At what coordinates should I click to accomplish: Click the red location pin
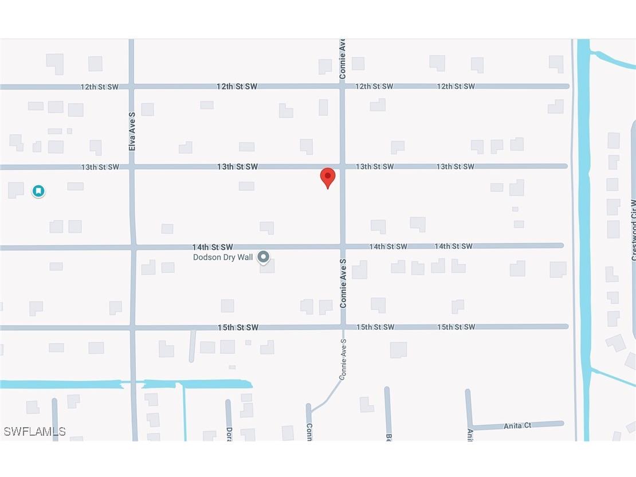coord(327,177)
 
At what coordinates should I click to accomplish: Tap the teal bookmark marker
coord(38,191)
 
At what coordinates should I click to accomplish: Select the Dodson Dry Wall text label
coord(222,257)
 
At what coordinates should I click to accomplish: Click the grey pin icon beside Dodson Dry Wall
coord(263,257)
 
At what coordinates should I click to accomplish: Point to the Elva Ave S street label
coord(132,131)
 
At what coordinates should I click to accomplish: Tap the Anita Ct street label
coord(517,425)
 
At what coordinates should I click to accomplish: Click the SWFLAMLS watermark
coord(34,431)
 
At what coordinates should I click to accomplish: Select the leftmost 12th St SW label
coord(99,87)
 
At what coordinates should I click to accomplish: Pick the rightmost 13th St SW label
coord(456,167)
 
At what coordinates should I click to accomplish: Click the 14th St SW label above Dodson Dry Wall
coord(213,247)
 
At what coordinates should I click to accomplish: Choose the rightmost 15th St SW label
coord(456,327)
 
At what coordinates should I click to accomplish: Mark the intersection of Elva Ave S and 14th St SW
coord(133,247)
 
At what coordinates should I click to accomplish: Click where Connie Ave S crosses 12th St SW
coord(342,86)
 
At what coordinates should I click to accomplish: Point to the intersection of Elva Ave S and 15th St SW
coord(133,327)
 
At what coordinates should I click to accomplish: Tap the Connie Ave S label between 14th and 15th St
coord(343,283)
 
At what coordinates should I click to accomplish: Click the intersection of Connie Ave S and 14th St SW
coord(343,247)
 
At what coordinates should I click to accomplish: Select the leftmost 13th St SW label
coord(100,167)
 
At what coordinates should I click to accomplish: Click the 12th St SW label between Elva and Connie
coord(237,86)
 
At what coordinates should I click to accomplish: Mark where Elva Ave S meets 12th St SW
coord(132,87)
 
